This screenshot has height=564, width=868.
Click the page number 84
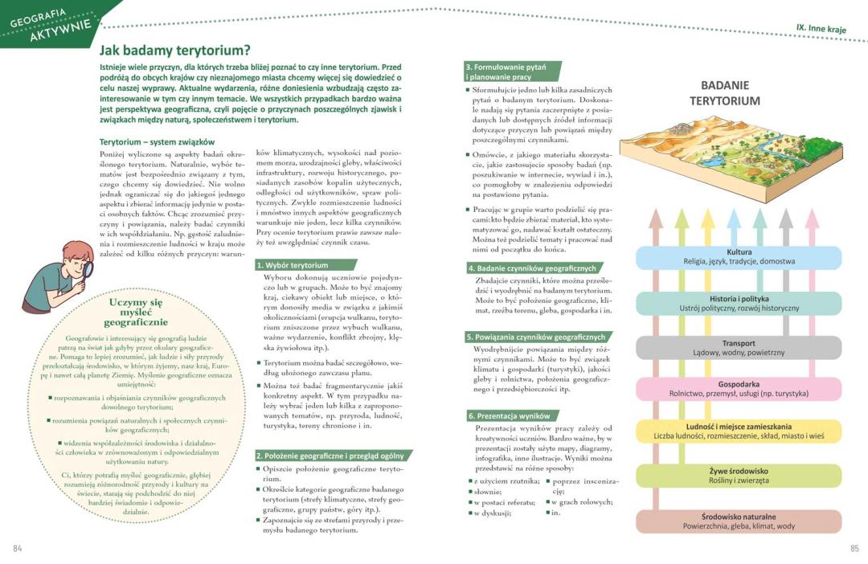pos(18,549)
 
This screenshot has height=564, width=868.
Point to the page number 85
pos(854,549)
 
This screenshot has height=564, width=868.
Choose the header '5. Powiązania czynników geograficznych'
pos(538,337)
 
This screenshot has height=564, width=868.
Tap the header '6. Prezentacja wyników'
pos(510,415)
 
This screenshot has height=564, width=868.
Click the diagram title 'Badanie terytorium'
pos(725,93)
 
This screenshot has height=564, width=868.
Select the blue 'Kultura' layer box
pos(739,257)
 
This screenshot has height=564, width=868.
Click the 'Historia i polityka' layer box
pos(739,303)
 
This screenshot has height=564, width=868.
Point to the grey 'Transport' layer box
pos(739,348)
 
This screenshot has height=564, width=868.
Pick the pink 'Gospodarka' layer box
pos(739,389)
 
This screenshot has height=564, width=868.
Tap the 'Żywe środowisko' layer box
pos(739,476)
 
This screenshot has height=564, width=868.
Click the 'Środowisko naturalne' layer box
pos(739,521)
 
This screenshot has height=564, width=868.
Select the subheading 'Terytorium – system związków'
pos(151,141)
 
